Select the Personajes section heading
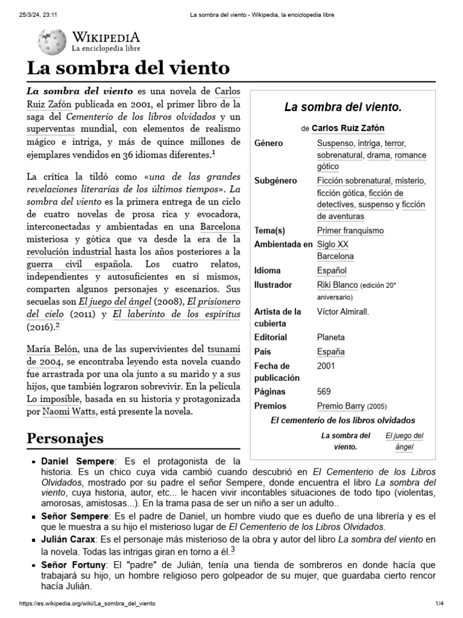[65, 438]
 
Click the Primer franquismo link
[350, 231]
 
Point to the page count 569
[324, 391]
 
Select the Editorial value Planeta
[331, 337]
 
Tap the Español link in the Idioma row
[332, 270]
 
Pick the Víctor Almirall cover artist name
[343, 311]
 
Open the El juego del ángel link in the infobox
[404, 441]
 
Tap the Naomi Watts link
[66, 412]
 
